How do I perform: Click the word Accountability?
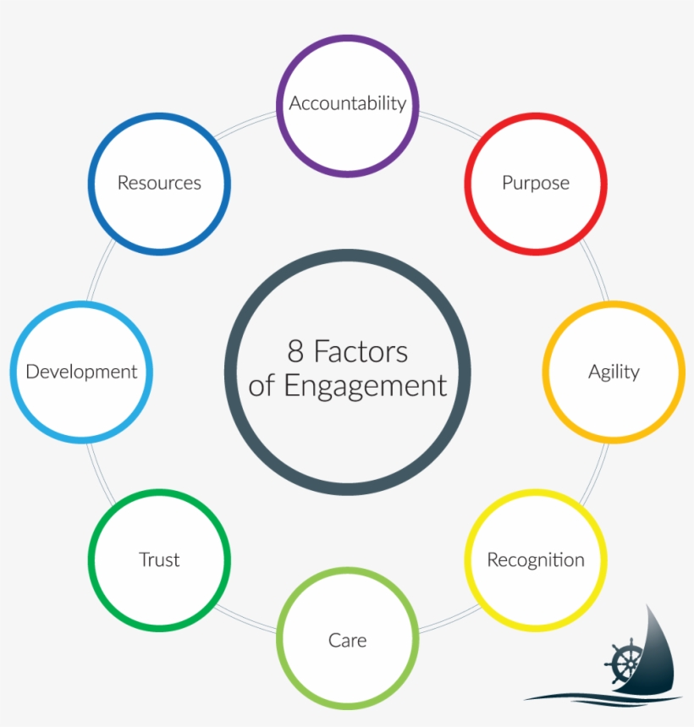(x=347, y=103)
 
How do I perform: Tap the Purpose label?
(x=536, y=183)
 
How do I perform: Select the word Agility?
(x=614, y=372)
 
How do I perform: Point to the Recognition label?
(x=536, y=560)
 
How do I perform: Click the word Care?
(x=347, y=640)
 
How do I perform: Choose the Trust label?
(x=159, y=560)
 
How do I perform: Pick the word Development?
(x=81, y=372)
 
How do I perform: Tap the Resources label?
(x=159, y=183)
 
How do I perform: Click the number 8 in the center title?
(x=295, y=351)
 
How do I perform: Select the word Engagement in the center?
(x=365, y=386)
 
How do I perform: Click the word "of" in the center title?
(x=262, y=387)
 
